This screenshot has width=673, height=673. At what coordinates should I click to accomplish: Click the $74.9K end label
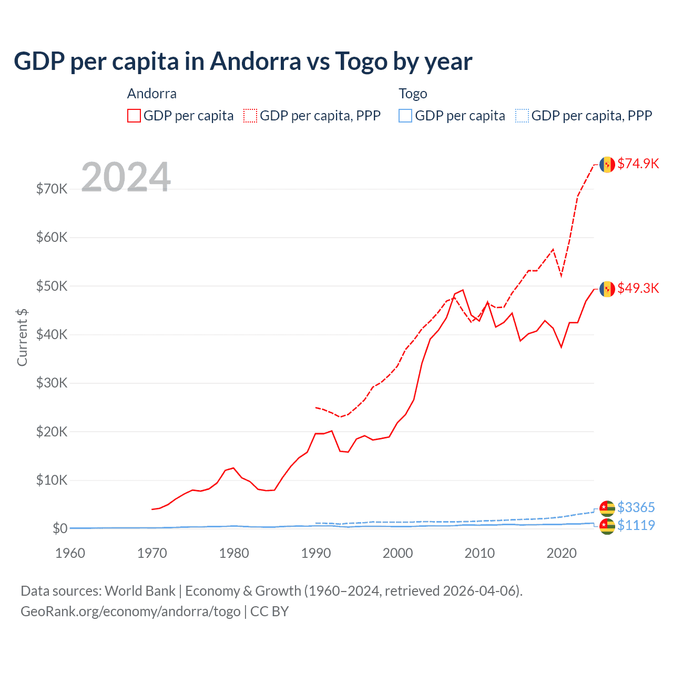(638, 164)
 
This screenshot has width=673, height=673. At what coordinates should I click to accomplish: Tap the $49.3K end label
(638, 288)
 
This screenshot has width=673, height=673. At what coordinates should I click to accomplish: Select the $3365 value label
(636, 507)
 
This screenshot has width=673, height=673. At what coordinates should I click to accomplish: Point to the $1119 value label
(636, 525)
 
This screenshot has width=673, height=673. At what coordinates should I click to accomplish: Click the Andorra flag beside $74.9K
(607, 165)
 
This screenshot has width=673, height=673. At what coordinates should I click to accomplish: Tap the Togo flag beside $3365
(607, 508)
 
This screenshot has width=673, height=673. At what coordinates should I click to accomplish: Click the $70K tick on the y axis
(52, 189)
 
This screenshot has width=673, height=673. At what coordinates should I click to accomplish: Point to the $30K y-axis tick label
(52, 383)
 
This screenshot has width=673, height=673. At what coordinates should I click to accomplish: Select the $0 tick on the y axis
(60, 528)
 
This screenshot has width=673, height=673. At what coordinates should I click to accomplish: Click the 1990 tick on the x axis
(316, 553)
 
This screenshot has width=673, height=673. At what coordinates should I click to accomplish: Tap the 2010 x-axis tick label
(480, 553)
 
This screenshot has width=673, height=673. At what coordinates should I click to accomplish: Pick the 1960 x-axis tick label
(70, 553)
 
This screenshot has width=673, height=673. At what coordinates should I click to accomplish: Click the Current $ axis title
(22, 338)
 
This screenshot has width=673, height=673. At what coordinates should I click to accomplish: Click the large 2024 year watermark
(126, 177)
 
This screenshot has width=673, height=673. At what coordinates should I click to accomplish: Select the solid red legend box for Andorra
(134, 116)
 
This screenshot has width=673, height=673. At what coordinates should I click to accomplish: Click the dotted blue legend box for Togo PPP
(522, 116)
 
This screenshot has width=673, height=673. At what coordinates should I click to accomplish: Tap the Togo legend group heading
(413, 94)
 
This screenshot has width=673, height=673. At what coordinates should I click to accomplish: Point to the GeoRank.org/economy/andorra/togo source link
(130, 611)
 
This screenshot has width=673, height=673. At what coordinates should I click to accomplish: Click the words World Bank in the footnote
(140, 591)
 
